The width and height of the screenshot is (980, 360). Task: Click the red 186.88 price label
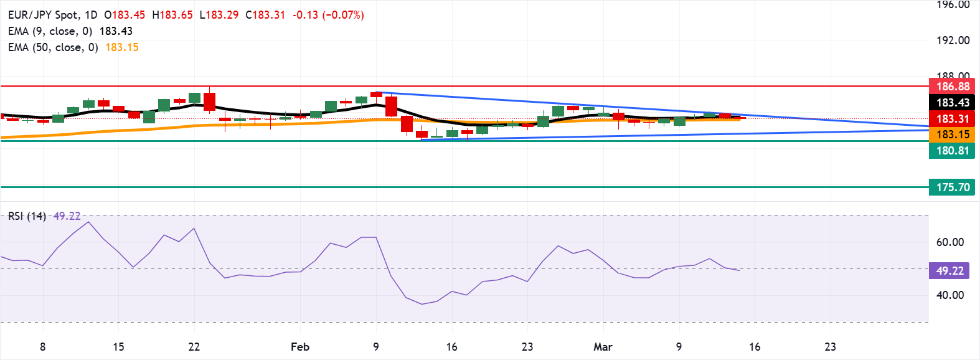point(952,87)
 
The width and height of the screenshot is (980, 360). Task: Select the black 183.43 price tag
point(952,103)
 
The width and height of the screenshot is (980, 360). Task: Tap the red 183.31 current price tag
point(952,118)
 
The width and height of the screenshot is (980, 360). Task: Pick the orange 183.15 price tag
point(952,135)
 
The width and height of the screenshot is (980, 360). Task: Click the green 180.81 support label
point(952,150)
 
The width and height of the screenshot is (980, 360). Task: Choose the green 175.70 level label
point(952,187)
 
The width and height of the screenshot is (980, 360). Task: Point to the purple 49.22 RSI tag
point(949,270)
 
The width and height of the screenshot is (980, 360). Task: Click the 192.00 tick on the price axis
point(953,40)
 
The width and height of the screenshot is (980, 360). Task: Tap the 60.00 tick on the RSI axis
point(950,242)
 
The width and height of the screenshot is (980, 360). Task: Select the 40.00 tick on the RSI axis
point(950,295)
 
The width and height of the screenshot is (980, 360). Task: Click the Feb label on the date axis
point(300,347)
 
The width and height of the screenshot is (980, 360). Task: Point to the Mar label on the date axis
point(603,347)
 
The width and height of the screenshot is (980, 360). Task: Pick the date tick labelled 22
point(194,347)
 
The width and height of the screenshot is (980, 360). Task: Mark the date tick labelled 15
point(118,347)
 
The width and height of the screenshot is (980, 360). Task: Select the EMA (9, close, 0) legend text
point(50,31)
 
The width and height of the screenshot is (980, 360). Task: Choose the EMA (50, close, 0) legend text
point(53,47)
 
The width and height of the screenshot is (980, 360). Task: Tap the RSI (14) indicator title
point(27,216)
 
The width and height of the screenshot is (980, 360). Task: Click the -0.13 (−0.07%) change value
point(328,15)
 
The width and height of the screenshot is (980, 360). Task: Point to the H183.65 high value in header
point(172,15)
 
